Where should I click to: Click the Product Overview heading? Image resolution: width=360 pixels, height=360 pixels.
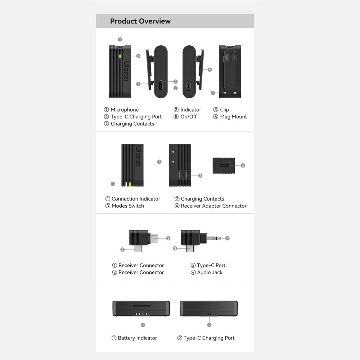[x=140, y=21]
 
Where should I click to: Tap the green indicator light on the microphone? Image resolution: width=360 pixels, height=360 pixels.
[x=120, y=56]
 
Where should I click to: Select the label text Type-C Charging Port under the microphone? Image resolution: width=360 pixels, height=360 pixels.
[x=136, y=117]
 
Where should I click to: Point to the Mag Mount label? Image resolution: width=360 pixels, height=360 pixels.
[x=234, y=117]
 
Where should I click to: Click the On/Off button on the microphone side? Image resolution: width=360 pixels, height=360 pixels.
[x=189, y=86]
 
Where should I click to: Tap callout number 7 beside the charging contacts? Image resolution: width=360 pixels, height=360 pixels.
[x=213, y=93]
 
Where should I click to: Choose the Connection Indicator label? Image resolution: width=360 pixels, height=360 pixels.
[x=136, y=199]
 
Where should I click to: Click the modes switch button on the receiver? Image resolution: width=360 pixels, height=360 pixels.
[x=183, y=175]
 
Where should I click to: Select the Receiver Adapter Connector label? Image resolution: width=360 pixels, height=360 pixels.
[x=214, y=206]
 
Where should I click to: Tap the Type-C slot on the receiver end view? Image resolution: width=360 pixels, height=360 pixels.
[x=223, y=166]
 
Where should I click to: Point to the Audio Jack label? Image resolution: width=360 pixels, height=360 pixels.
[x=210, y=273]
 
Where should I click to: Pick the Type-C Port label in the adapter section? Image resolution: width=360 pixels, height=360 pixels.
[x=211, y=265]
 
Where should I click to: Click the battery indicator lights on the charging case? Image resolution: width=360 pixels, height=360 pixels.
[x=141, y=314]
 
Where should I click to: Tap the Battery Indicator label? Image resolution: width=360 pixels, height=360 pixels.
[x=138, y=338]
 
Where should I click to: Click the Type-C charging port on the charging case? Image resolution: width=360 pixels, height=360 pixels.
[x=209, y=314]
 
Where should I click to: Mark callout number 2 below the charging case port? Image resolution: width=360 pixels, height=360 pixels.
[x=209, y=325]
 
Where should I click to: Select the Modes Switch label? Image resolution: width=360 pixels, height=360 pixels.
[x=128, y=206]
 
